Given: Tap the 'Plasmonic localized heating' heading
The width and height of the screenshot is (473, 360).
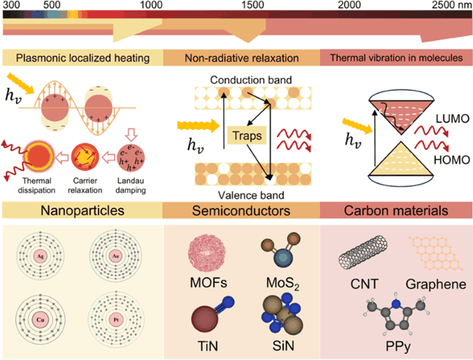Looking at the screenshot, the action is point(83,58).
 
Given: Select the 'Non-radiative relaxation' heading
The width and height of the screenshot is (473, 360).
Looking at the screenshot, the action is point(242,58).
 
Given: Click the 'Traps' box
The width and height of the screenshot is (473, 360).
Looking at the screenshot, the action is point(247,135).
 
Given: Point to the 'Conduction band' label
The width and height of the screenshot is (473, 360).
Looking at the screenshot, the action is point(251,80).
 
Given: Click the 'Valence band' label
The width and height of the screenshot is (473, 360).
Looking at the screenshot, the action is point(251,195).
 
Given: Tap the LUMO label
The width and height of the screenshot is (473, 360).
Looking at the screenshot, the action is point(453,119).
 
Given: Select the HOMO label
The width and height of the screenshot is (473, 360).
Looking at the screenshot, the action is point(452,160).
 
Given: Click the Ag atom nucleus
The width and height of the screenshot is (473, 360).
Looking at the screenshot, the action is point(40,256).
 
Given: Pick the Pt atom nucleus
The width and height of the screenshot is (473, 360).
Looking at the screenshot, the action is point(116,320).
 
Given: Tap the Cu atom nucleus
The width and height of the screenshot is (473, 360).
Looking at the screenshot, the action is point(40,320).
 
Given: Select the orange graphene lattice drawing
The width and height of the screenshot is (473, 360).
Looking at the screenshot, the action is point(436,253).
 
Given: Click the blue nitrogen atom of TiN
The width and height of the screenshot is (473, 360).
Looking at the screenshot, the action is point(229,302).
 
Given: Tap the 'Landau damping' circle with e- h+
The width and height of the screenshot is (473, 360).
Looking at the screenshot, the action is point(131,158).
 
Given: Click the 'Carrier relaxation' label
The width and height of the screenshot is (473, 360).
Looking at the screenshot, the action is point(85,185).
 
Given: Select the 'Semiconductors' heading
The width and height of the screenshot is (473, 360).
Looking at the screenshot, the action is point(241,210).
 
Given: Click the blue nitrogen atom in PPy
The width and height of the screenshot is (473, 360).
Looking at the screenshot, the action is point(397,305).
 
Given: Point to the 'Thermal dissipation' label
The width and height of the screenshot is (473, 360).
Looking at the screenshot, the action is point(36,185).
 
